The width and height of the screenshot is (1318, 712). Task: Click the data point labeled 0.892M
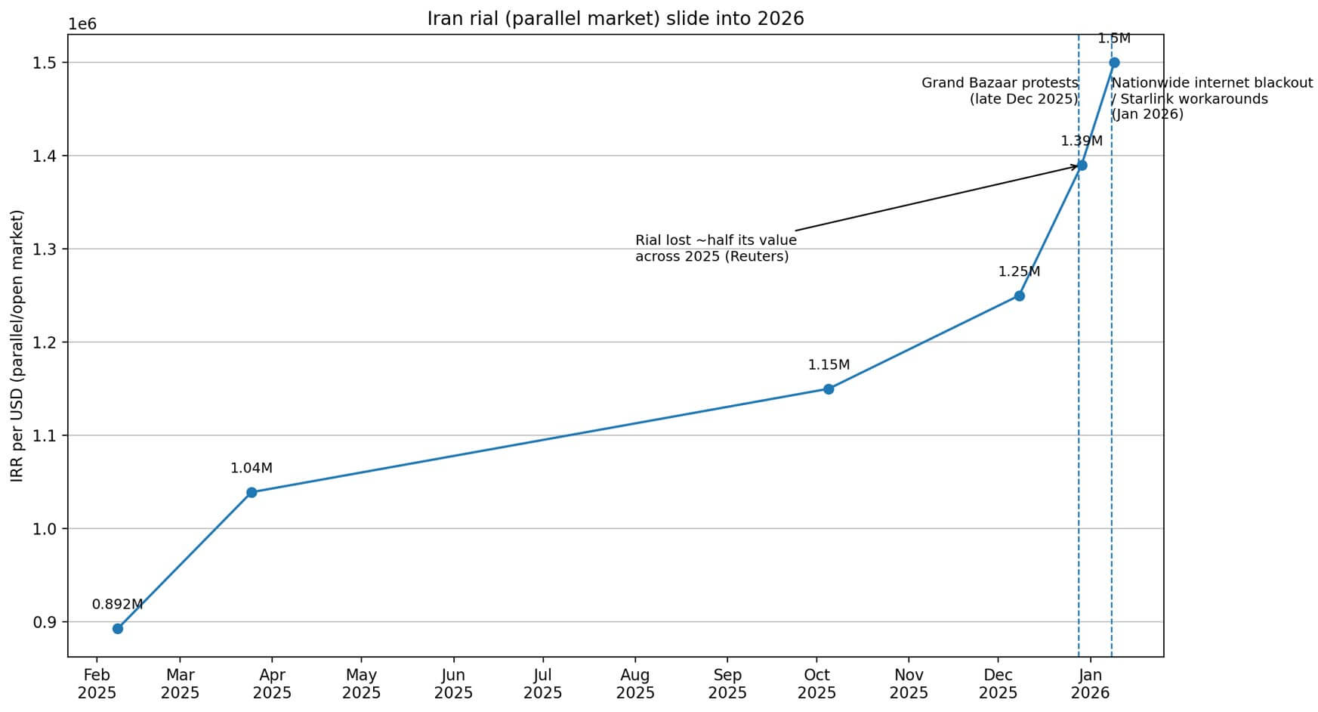click(x=118, y=629)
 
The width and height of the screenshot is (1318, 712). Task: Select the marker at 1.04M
click(x=252, y=493)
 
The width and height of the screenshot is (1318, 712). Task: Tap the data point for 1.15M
click(x=829, y=389)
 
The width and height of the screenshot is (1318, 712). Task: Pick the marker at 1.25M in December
click(x=1019, y=296)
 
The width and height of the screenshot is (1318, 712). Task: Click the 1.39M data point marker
click(x=1082, y=166)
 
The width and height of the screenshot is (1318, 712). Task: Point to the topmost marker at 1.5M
click(x=1114, y=63)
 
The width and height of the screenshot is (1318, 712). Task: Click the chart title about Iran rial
click(x=616, y=19)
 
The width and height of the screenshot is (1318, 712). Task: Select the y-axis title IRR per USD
click(x=17, y=345)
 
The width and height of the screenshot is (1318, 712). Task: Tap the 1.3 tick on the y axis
click(x=45, y=249)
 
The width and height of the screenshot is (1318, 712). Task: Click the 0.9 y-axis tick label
click(x=45, y=622)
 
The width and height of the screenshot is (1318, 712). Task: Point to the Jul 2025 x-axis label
click(x=542, y=684)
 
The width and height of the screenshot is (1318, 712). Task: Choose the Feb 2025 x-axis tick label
click(x=97, y=684)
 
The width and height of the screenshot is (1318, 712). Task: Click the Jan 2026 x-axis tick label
click(x=1090, y=684)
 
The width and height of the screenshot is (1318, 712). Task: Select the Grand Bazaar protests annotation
click(x=999, y=91)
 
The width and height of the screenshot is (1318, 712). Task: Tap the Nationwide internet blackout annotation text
click(x=1212, y=98)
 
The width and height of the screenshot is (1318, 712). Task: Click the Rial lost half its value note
click(x=715, y=249)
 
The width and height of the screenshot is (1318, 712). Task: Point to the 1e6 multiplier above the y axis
click(x=82, y=24)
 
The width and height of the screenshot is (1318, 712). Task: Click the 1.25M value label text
click(x=1019, y=272)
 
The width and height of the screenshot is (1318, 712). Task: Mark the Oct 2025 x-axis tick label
click(x=816, y=684)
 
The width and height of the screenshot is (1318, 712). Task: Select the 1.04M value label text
click(x=252, y=469)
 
